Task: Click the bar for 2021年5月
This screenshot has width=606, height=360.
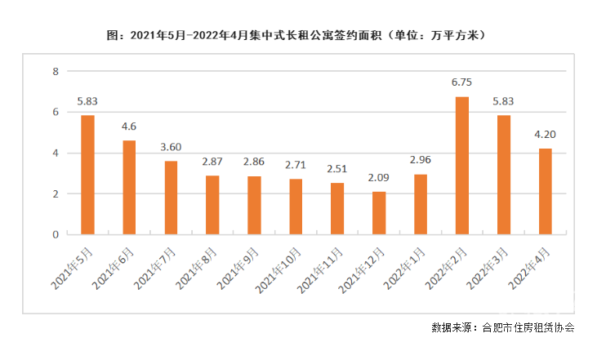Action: click(87, 175)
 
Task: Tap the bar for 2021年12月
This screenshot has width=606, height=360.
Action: click(379, 213)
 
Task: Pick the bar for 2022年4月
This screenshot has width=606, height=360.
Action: click(546, 192)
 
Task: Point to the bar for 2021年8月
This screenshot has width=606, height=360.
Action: click(212, 205)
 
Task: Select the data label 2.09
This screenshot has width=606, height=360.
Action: click(378, 177)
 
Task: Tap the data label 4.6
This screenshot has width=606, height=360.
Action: click(129, 126)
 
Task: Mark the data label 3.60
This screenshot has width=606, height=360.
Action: click(171, 146)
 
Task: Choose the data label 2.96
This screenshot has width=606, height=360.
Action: click(420, 159)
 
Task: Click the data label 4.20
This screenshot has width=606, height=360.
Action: click(546, 134)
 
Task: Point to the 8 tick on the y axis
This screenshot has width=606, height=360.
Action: click(56, 72)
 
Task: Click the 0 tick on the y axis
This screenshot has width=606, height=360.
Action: click(56, 234)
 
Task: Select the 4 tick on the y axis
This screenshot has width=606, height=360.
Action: click(56, 153)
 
